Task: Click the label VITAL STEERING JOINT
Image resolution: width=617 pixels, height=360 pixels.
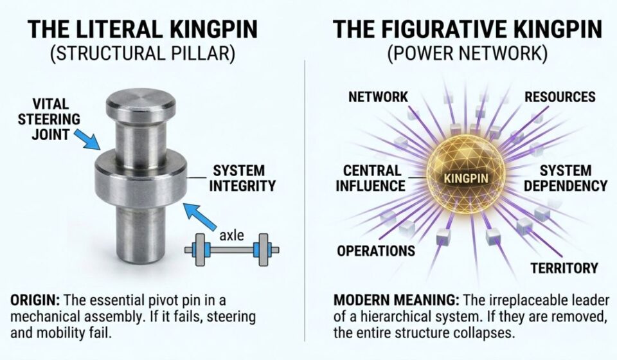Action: coord(49,119)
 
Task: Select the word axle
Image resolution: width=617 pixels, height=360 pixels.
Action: coord(231,235)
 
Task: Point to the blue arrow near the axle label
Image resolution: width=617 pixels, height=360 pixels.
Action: coord(201,217)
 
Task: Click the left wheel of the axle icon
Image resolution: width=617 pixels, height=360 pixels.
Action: coord(199,249)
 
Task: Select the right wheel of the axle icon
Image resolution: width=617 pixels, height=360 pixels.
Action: coord(262,249)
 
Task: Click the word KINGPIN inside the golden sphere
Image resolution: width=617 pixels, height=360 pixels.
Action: coord(467,178)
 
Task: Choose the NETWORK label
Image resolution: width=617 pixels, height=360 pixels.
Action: coord(378,97)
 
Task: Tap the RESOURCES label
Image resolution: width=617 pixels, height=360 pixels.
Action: coord(560,97)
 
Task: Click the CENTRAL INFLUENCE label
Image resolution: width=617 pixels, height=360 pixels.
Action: coord(370,178)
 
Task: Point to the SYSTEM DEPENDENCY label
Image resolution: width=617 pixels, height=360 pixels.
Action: coord(566,178)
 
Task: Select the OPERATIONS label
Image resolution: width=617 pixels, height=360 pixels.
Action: coord(376,251)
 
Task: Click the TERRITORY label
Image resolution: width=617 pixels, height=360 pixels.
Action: coord(564,268)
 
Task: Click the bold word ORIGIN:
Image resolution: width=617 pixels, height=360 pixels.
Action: coord(35,301)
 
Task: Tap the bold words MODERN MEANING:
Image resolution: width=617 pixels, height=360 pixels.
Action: coord(397,301)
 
